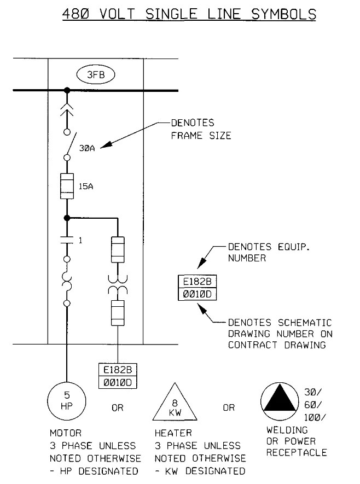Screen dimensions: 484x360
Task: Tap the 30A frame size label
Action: coord(86,148)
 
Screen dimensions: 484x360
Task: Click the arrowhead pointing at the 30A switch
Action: coord(104,146)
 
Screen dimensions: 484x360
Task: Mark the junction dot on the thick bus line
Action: coord(67,90)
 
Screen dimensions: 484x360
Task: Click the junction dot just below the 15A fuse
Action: coord(67,218)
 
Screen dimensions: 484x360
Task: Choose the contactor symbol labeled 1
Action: coord(67,240)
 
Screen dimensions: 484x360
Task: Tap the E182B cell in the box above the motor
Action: coord(118,370)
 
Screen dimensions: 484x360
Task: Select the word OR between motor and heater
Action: coord(118,408)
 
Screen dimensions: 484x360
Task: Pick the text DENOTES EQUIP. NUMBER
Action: coord(261,252)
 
